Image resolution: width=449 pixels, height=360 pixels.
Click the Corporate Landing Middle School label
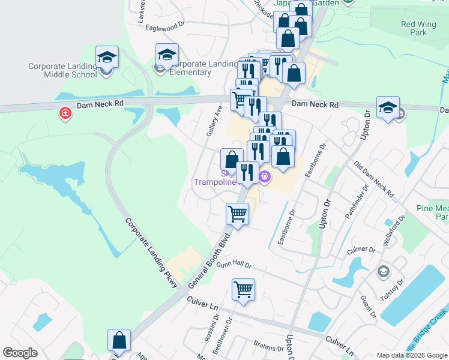[70, 70]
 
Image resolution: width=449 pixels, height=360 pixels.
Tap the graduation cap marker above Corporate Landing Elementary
[167, 55]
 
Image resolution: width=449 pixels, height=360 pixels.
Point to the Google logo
[20, 353]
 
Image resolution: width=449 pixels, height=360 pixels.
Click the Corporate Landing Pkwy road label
[152, 253]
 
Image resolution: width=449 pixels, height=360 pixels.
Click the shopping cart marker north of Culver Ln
[243, 290]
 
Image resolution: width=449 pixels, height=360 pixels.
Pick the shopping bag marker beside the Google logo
[119, 340]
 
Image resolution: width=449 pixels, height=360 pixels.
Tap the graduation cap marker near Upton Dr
[388, 108]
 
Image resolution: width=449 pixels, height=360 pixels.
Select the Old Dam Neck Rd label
[373, 179]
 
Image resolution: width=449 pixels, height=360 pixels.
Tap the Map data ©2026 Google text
[412, 355]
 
